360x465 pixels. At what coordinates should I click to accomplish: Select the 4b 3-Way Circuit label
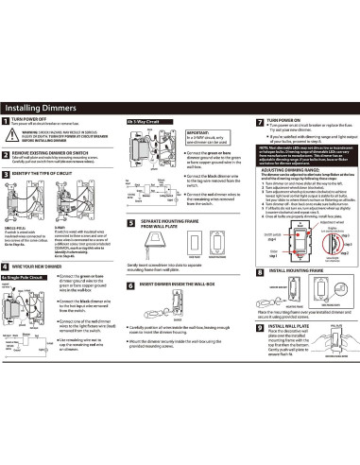pos(141,122)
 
